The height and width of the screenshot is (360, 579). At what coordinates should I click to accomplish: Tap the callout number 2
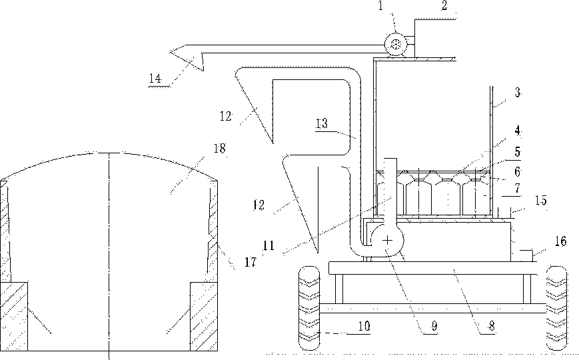444,5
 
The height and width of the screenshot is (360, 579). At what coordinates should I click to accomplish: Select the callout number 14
155,79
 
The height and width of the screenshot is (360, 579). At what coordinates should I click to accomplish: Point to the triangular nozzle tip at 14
170,52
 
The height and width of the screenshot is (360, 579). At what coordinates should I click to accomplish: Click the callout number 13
322,123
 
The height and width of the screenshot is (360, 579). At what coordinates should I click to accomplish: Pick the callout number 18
220,148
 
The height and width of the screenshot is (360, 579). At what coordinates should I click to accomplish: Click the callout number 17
251,262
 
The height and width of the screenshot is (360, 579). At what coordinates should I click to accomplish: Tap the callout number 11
269,245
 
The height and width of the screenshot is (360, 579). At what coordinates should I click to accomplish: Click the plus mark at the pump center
387,241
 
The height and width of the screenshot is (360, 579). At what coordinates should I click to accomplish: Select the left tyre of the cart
309,308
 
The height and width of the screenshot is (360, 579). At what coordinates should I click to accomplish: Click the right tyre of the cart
556,307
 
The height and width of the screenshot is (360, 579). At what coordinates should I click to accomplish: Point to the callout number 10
364,326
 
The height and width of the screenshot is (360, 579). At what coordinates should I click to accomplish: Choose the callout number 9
434,325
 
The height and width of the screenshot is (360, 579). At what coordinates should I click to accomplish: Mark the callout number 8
492,325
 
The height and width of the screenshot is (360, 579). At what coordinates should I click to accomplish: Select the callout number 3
518,93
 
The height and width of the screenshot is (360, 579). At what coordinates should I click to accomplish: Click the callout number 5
517,151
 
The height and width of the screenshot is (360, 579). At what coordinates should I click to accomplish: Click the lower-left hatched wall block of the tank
14,317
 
